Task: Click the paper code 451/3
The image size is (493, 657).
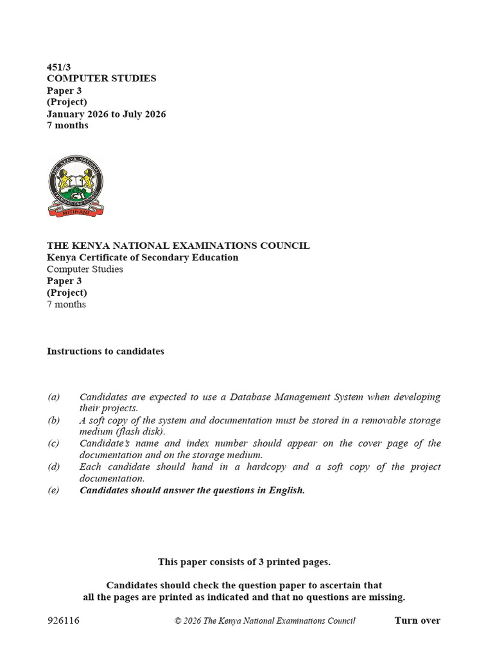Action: pyautogui.click(x=59, y=67)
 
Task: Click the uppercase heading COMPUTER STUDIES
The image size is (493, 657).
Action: pyautogui.click(x=101, y=78)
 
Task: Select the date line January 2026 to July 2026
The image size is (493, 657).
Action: pyautogui.click(x=107, y=114)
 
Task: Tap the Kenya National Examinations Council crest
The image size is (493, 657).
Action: pyautogui.click(x=76, y=184)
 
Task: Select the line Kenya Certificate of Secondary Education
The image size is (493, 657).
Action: pyautogui.click(x=143, y=257)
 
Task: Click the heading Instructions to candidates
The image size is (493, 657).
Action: pyautogui.click(x=105, y=351)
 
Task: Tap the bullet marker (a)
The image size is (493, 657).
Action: pyautogui.click(x=53, y=397)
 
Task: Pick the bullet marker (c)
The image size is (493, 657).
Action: pyautogui.click(x=53, y=443)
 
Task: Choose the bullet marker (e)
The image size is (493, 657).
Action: pyautogui.click(x=53, y=491)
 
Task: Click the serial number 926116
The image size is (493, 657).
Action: pyautogui.click(x=64, y=620)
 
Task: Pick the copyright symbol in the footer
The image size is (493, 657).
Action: pyautogui.click(x=178, y=621)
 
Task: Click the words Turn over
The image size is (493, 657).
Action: pyautogui.click(x=417, y=620)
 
